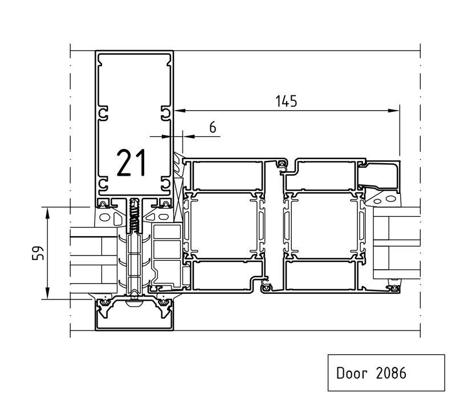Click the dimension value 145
pos(286,102)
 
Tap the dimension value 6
pos(213,128)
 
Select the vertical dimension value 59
pos(38,253)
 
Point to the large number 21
pos(131,163)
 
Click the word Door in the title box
pos(352,373)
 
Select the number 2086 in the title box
pos(391,373)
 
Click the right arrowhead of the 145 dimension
pos(394,111)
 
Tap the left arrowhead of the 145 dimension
pos(180,111)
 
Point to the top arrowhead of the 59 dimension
pos(48,213)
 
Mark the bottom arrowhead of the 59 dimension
pos(48,293)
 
